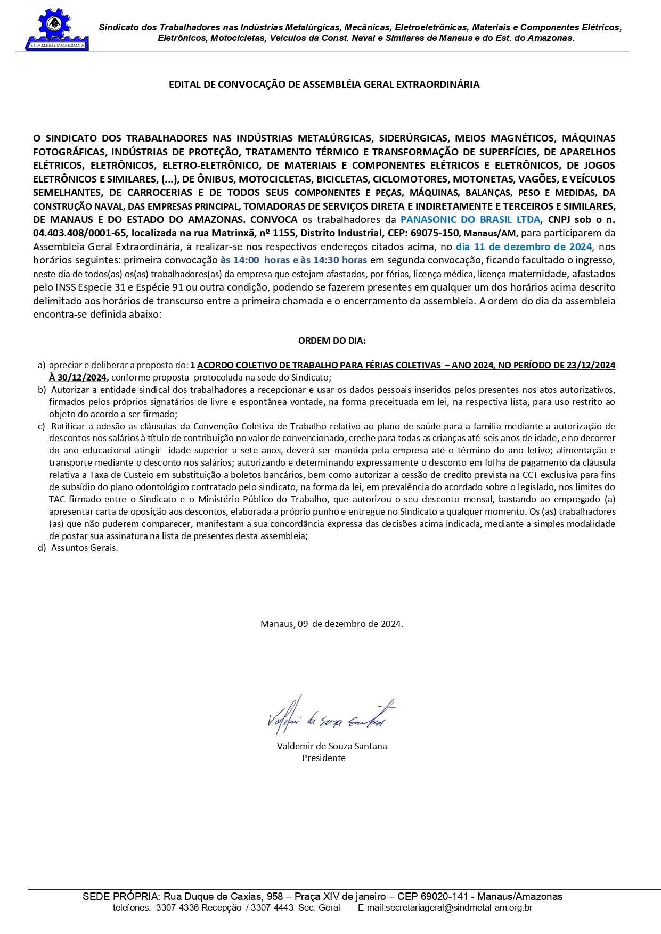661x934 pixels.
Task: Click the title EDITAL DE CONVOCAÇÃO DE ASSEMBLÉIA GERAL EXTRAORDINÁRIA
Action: [324, 85]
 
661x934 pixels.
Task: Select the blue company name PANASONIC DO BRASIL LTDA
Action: [470, 220]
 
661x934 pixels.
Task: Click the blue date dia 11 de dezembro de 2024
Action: [524, 247]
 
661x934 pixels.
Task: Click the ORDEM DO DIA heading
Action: [332, 341]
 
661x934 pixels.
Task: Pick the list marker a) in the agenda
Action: [42, 366]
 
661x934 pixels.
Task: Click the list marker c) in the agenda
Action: [42, 426]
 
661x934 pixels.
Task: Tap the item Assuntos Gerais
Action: [84, 548]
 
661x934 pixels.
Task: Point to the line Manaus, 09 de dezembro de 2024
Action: [331, 624]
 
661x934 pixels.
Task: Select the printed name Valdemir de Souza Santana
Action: [332, 746]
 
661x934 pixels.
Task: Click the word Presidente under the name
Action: [324, 758]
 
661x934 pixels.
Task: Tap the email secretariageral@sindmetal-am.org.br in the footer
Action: [445, 907]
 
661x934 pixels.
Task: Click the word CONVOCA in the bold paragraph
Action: [274, 220]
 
